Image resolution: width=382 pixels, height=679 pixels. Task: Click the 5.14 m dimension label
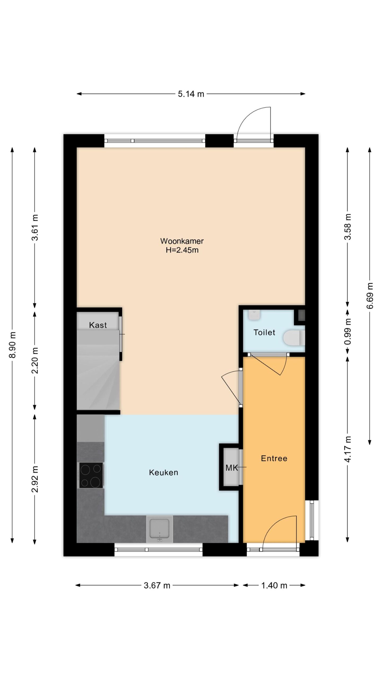point(191,94)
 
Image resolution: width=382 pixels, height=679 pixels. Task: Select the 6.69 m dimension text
point(370,295)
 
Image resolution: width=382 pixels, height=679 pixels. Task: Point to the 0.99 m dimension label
point(348,332)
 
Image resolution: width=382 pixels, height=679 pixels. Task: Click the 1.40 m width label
point(274,586)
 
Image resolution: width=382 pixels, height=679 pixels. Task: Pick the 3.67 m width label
point(157,586)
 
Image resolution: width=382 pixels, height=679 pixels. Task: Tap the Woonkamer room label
point(182,241)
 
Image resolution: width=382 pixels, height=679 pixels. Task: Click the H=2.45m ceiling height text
point(182,250)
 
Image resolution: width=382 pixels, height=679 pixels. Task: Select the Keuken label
point(163,472)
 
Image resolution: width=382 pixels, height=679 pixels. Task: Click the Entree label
point(274,458)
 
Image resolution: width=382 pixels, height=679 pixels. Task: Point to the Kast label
point(98,325)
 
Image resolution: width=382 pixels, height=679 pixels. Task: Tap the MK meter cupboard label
point(231,468)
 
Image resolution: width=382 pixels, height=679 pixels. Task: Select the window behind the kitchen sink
point(158,550)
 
